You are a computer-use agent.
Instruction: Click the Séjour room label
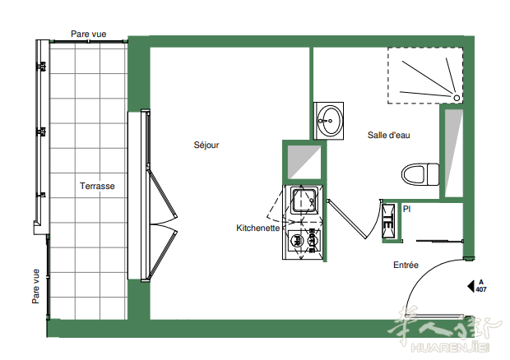pyautogui.click(x=206, y=145)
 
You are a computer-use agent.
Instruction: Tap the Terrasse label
pyautogui.click(x=97, y=186)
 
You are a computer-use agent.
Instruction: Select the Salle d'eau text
pyautogui.click(x=389, y=135)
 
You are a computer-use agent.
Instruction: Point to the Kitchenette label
pyautogui.click(x=258, y=228)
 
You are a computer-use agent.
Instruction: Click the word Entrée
pyautogui.click(x=406, y=265)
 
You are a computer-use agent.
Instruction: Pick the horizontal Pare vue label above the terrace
pyautogui.click(x=89, y=34)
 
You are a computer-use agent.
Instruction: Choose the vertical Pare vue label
pyautogui.click(x=35, y=286)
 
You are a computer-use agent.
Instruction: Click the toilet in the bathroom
pyautogui.click(x=420, y=174)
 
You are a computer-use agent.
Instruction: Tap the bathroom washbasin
pyautogui.click(x=329, y=121)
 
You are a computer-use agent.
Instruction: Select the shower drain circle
pyautogui.click(x=457, y=98)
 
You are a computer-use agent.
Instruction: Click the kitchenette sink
pyautogui.click(x=304, y=201)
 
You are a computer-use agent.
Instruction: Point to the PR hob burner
pyautogui.click(x=296, y=241)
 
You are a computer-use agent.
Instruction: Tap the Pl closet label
pyautogui.click(x=406, y=209)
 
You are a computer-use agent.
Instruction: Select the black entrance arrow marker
pyautogui.click(x=471, y=286)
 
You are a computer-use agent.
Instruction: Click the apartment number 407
pyautogui.click(x=481, y=289)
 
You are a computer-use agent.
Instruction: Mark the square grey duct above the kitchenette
pyautogui.click(x=304, y=162)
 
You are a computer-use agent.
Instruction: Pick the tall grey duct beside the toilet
pyautogui.click(x=454, y=153)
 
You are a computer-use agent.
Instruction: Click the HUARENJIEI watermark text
pyautogui.click(x=451, y=348)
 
